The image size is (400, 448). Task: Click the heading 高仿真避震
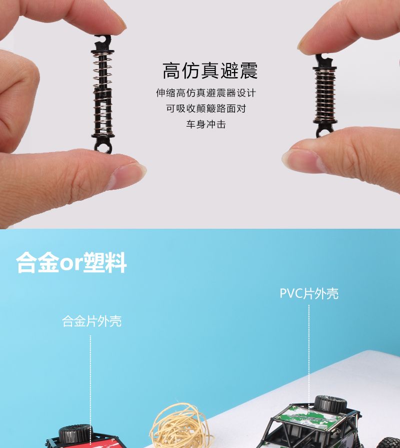point(210,71)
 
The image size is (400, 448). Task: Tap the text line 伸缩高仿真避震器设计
point(205,93)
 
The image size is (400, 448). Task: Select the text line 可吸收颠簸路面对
point(205,109)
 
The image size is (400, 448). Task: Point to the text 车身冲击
point(205,124)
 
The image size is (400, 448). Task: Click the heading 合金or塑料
point(71,263)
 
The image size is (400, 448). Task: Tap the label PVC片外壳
point(309,293)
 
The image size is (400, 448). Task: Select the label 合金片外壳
point(92,321)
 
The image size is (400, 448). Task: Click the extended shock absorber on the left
point(102,94)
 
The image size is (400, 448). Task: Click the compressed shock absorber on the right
point(324,96)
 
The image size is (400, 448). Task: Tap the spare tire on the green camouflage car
point(330,403)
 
